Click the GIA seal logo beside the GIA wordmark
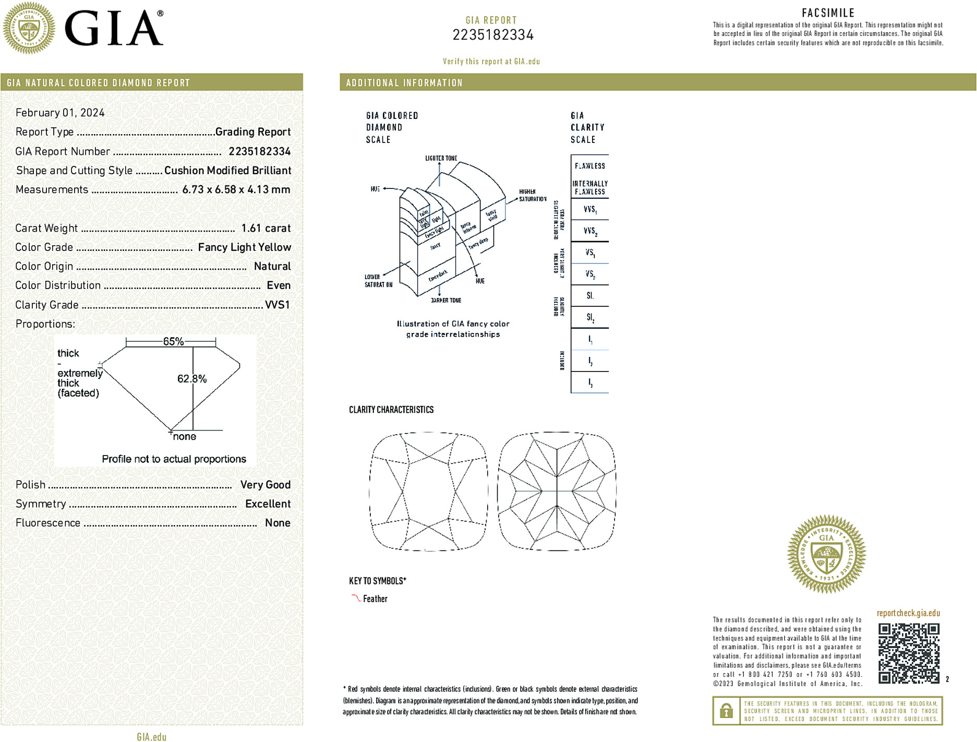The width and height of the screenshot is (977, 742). click(x=29, y=28)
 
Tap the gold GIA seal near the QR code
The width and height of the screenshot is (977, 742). click(x=826, y=554)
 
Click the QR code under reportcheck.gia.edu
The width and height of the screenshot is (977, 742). click(x=909, y=653)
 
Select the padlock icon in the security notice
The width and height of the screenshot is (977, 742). click(x=726, y=711)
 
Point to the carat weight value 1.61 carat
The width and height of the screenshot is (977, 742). click(x=266, y=228)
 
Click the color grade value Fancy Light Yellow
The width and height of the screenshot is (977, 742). click(x=244, y=247)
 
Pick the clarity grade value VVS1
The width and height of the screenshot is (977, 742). click(x=277, y=305)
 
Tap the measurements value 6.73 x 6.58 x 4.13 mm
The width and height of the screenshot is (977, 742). click(x=236, y=189)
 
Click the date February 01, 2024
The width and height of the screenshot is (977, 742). click(x=60, y=113)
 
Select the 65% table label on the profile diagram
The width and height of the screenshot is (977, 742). click(x=173, y=342)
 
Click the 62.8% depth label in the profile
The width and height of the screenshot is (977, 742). click(x=191, y=379)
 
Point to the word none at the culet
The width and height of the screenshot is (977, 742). click(x=185, y=437)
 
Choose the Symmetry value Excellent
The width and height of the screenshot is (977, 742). click(x=268, y=504)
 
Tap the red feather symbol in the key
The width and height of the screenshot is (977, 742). click(x=356, y=598)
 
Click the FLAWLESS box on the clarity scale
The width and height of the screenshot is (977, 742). click(x=590, y=166)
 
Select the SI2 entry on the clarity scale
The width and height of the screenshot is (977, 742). click(x=590, y=317)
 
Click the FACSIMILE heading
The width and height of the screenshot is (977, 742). click(x=828, y=13)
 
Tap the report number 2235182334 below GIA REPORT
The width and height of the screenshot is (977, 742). click(x=493, y=35)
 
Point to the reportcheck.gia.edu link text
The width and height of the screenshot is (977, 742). click(x=908, y=613)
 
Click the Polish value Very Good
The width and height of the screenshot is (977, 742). click(x=265, y=485)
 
